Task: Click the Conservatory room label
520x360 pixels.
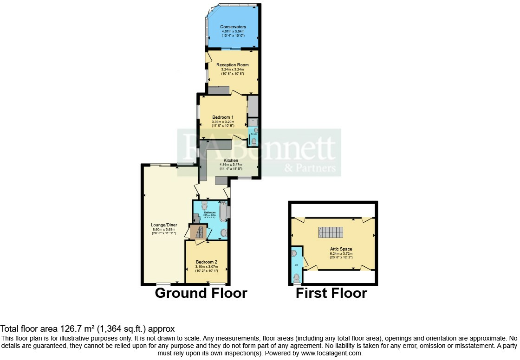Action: click(233, 27)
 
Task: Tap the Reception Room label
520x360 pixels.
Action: click(232, 65)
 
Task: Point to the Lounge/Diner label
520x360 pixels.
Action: click(164, 225)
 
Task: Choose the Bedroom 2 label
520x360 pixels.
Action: click(206, 262)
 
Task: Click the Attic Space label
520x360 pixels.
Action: click(341, 249)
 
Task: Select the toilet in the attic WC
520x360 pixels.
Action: click(297, 277)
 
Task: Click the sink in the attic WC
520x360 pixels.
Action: click(294, 254)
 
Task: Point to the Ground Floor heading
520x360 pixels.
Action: click(201, 293)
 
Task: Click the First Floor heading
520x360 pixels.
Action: click(331, 293)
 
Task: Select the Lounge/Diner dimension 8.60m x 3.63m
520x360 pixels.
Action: click(164, 229)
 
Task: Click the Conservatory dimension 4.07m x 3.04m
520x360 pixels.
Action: click(233, 31)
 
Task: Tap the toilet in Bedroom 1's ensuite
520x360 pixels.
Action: click(253, 141)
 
